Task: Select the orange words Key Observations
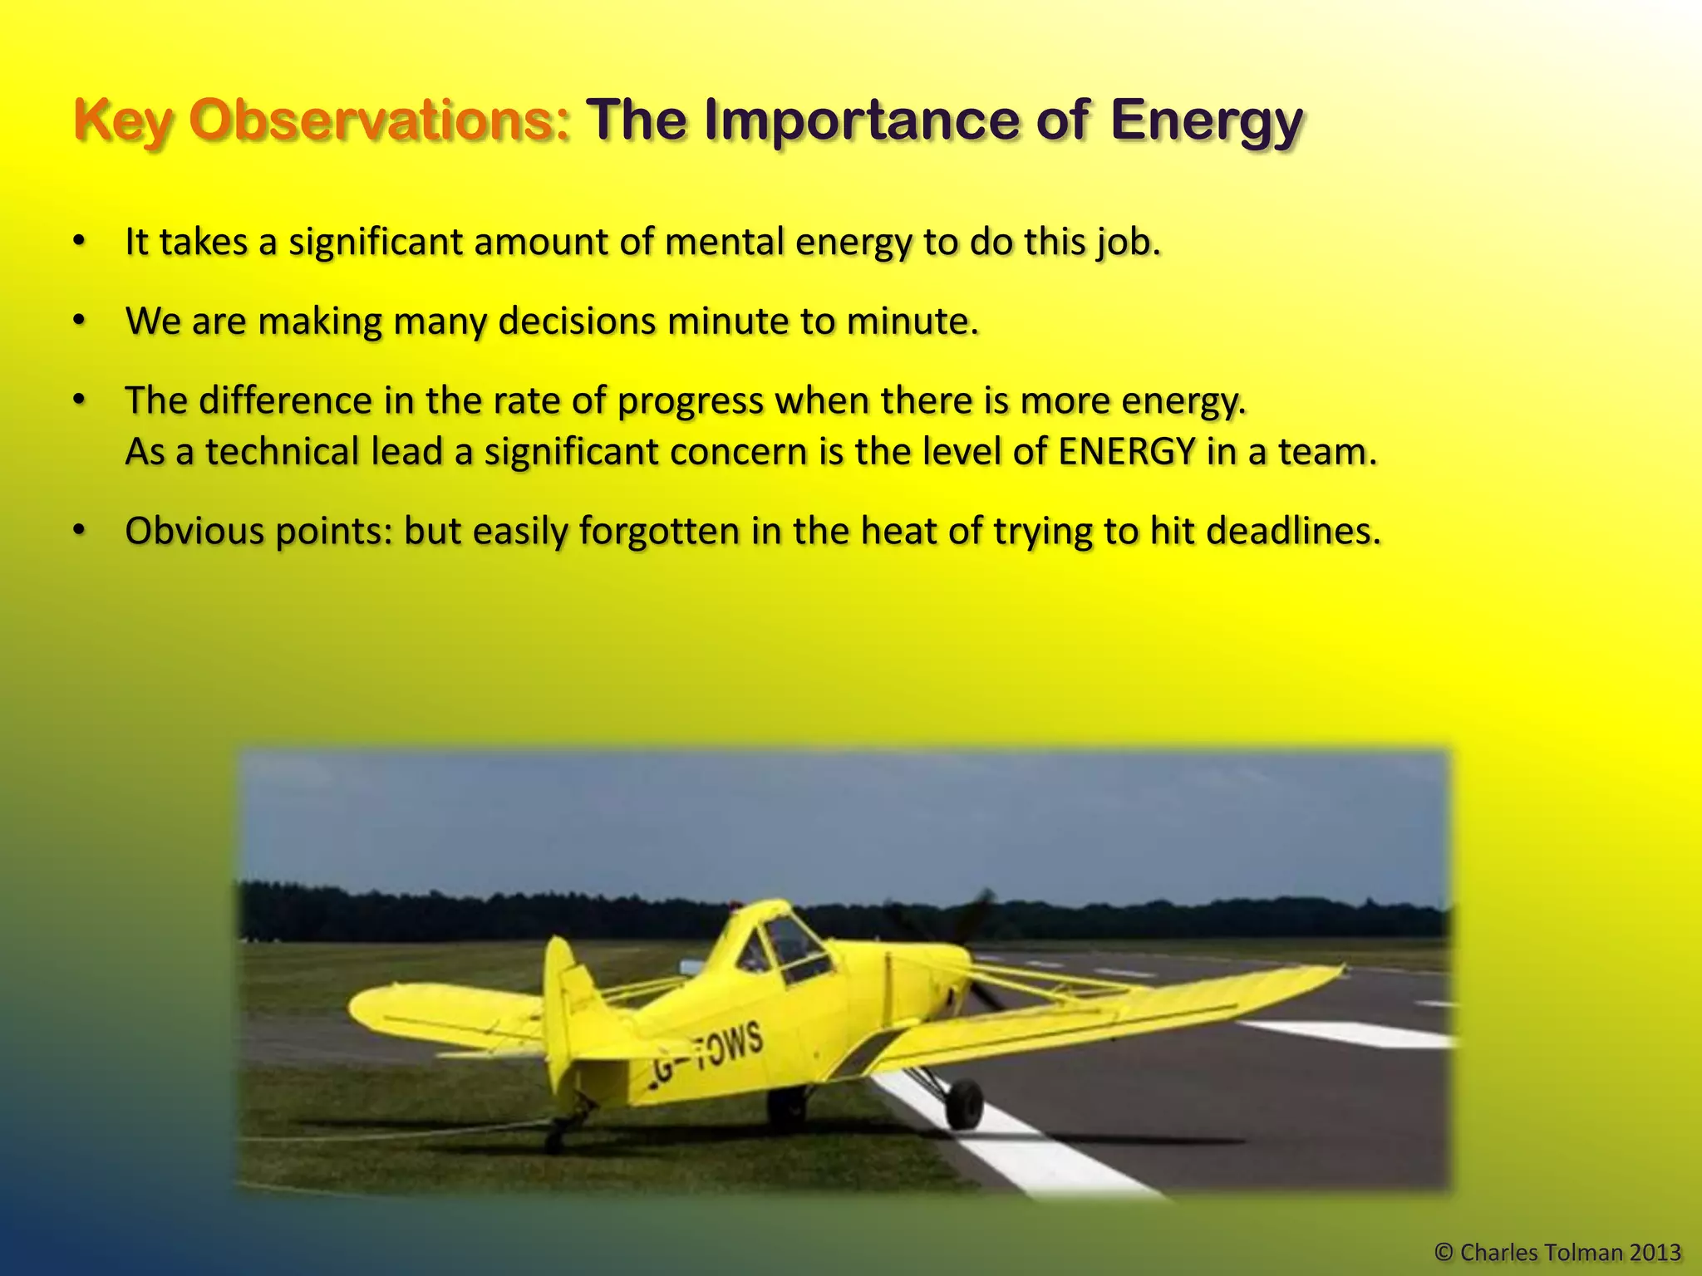(322, 121)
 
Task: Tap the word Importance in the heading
(861, 121)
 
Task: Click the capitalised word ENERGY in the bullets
(1128, 452)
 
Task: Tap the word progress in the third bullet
(691, 401)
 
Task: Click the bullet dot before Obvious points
(79, 530)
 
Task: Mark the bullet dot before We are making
(79, 321)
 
